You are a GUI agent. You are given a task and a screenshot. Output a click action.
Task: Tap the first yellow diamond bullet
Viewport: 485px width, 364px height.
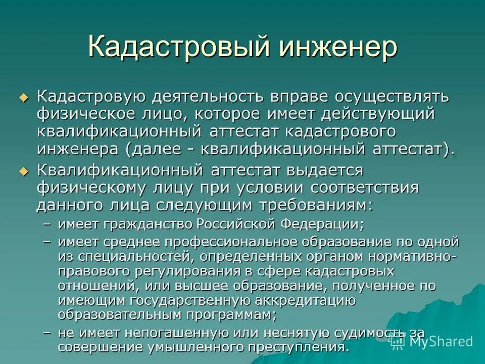coord(22,98)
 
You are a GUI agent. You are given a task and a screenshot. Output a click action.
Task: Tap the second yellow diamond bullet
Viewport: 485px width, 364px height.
coord(22,171)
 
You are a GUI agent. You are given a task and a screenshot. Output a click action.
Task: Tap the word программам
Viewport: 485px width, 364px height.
coord(227,315)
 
